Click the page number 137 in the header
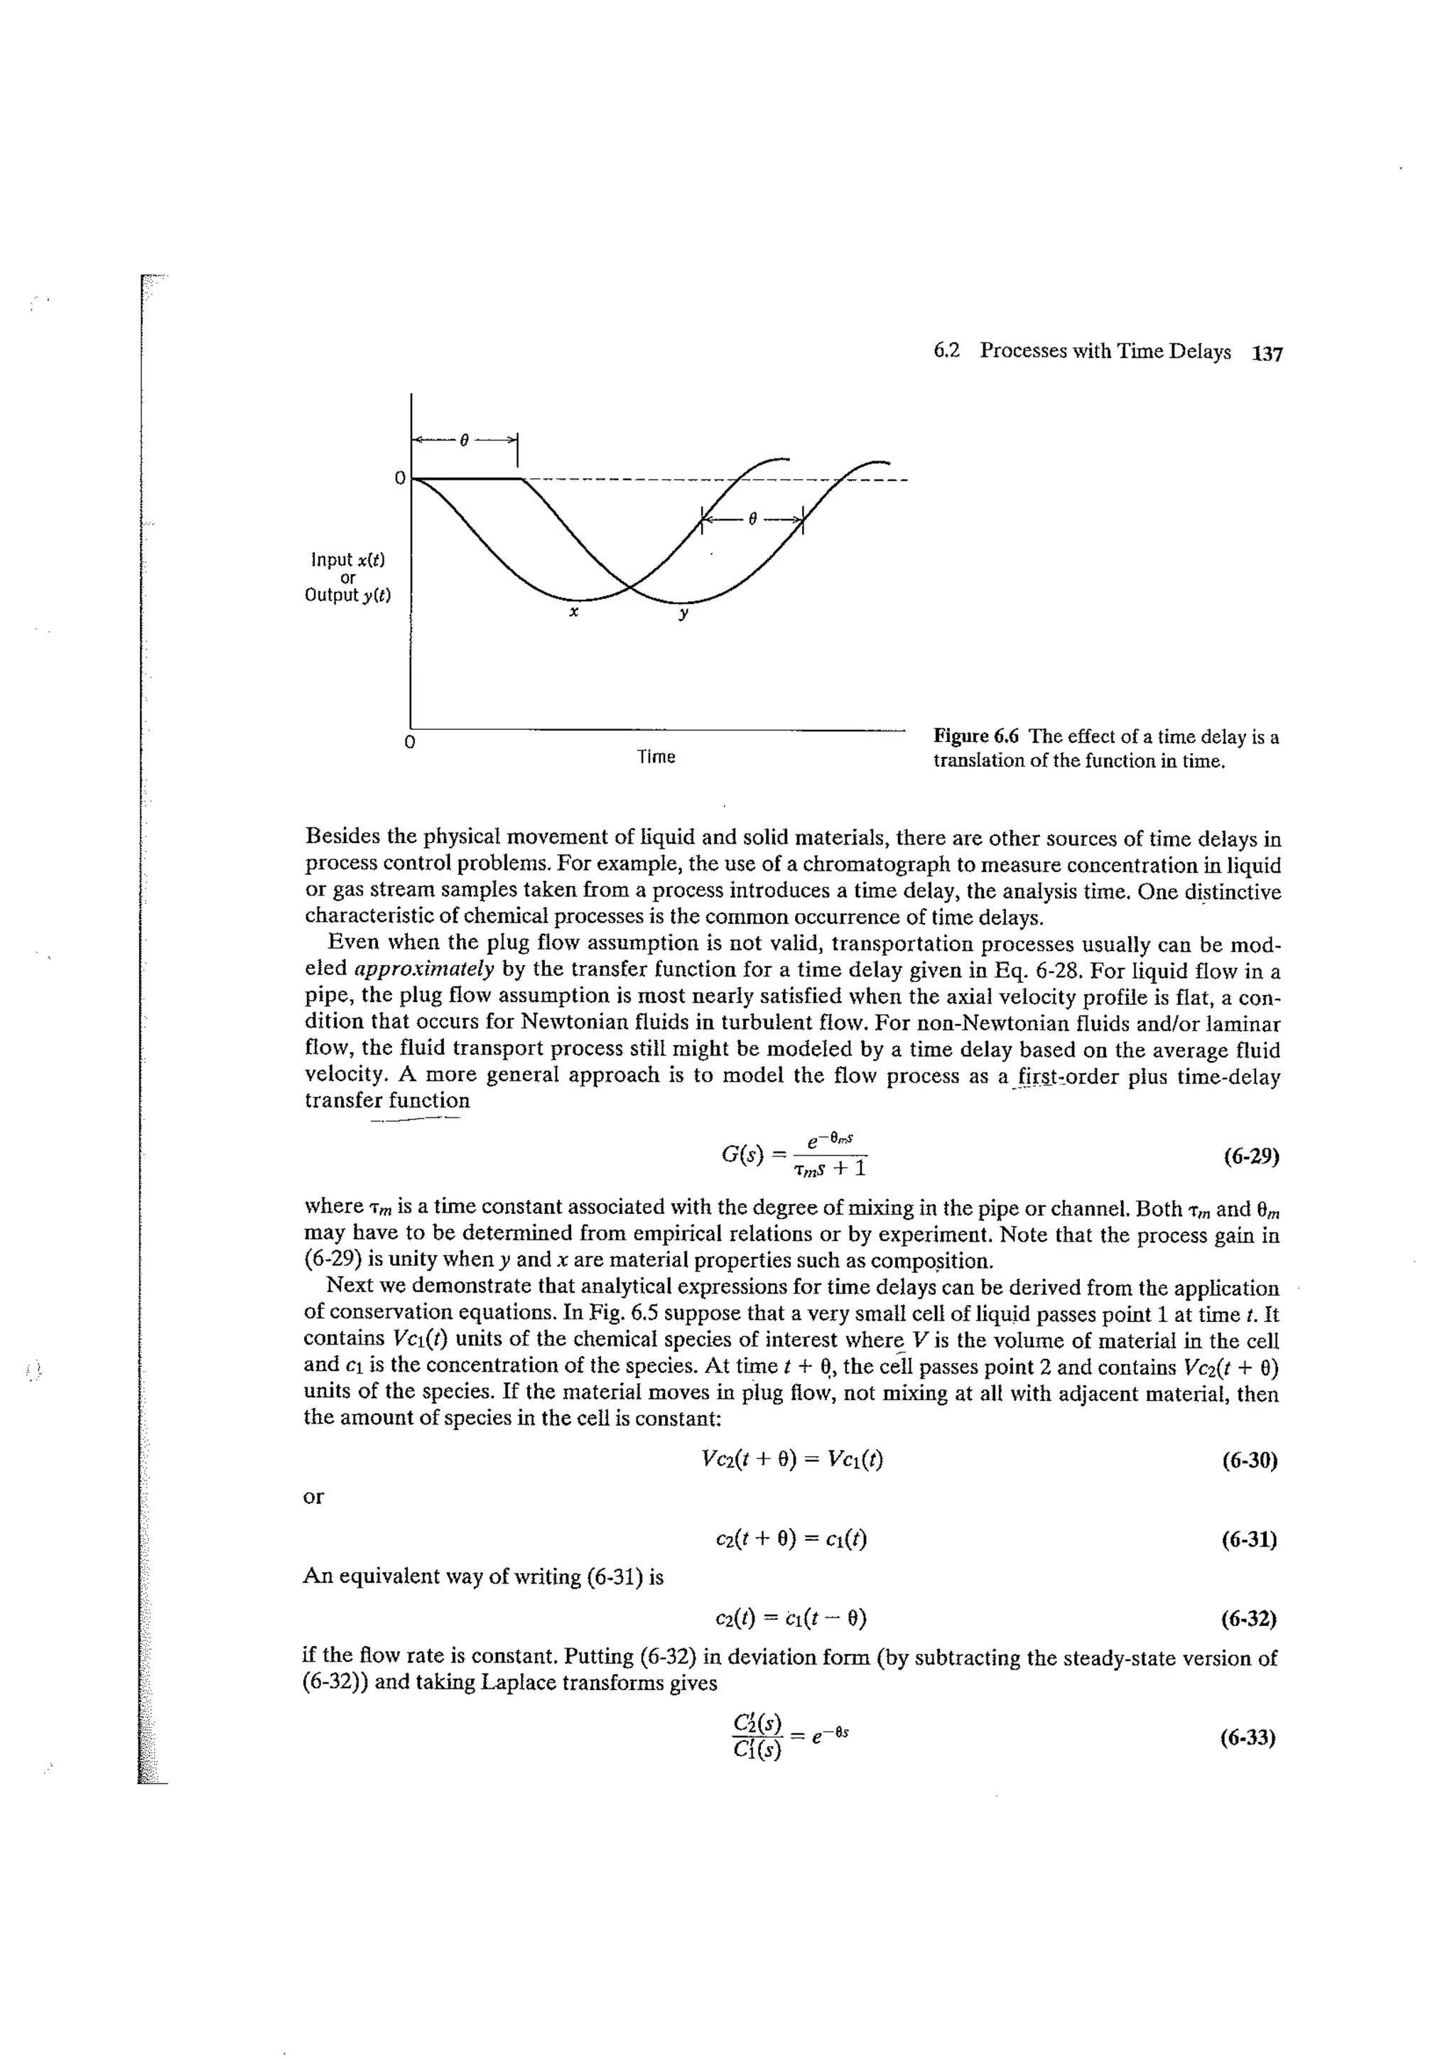pos(1267,353)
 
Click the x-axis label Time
pos(655,757)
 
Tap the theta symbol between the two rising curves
pos(753,517)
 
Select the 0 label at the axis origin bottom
pos(409,743)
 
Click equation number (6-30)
pos(1249,1461)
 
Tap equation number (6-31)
pos(1249,1539)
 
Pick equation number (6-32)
pos(1249,1618)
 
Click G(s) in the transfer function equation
pos(743,1154)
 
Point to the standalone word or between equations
pos(314,1497)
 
